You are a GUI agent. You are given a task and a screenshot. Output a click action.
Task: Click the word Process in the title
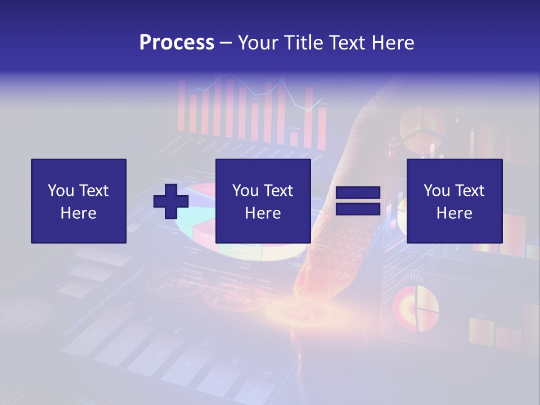(177, 43)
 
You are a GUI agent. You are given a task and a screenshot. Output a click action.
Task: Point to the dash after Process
(226, 43)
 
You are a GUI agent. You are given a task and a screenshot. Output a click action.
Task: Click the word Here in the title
(392, 43)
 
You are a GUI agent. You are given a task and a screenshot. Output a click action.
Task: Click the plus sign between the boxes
(171, 201)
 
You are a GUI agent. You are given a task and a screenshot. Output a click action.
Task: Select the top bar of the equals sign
(358, 193)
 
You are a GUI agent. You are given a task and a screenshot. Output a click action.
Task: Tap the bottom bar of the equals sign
(358, 209)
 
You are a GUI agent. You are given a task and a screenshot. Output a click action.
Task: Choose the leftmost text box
(78, 201)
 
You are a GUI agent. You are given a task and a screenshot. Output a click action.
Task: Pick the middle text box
(263, 201)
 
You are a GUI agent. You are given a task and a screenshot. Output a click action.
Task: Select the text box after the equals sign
(454, 201)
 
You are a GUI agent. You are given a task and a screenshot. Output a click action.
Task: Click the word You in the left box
(61, 191)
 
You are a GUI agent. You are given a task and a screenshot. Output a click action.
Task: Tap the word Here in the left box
(78, 213)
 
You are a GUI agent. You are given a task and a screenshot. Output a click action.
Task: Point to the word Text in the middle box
(278, 191)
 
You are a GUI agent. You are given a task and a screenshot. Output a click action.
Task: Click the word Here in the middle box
(263, 213)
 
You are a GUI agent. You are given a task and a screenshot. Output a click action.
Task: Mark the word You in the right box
(436, 191)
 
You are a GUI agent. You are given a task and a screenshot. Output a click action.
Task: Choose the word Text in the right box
(469, 191)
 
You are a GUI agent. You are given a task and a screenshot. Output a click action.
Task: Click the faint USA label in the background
(416, 278)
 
